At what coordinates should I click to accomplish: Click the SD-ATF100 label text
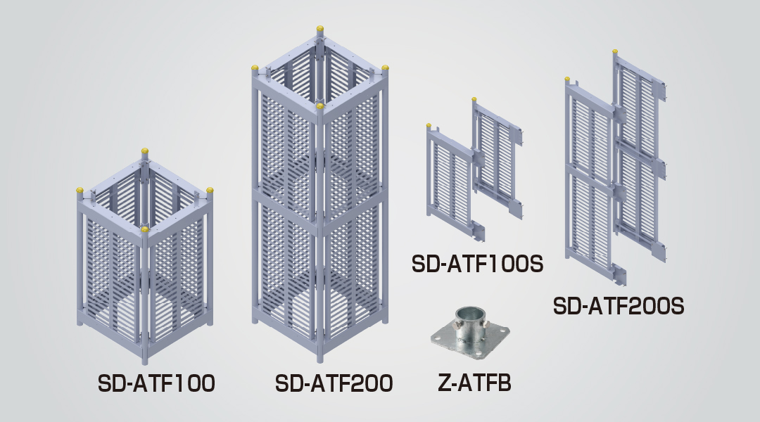point(156,383)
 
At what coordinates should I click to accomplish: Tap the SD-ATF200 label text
point(334,383)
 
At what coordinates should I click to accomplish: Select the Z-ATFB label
point(474,383)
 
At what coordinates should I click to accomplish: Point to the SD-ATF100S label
point(477,264)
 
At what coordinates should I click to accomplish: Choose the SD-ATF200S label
point(619,306)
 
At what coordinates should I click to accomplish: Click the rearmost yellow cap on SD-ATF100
point(144,151)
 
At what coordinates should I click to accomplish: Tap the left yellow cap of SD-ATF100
point(80,191)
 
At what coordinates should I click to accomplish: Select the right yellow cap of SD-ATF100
point(210,191)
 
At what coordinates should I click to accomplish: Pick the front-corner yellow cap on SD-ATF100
point(144,229)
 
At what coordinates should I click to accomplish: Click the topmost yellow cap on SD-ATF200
point(320,29)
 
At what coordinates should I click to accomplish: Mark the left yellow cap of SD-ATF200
point(255,68)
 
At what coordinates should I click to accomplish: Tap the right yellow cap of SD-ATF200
point(386,68)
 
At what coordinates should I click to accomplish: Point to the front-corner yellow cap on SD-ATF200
point(320,106)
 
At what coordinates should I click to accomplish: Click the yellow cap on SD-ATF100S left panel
point(429,126)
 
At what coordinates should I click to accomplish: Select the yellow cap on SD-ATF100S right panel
point(474,100)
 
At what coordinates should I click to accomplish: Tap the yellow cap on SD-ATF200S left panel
point(567,79)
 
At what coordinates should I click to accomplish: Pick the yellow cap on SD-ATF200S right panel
point(615,51)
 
